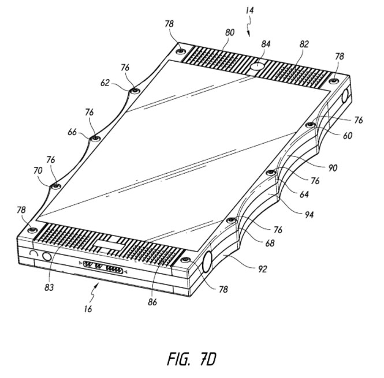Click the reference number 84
coord(266,44)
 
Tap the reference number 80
coord(229,32)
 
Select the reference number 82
coord(304,44)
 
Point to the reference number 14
coord(250,10)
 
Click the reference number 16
coord(88,309)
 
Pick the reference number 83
coord(49,287)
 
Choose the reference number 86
coord(152,302)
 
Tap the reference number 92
coord(262,269)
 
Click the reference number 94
coord(309,215)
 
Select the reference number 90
coord(333,168)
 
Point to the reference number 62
coord(105,83)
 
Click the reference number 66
coord(72,132)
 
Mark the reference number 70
coord(38,171)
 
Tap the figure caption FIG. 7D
coord(192,359)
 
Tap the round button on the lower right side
coord(207,261)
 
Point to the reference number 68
coord(270,243)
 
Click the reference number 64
coord(304,194)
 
